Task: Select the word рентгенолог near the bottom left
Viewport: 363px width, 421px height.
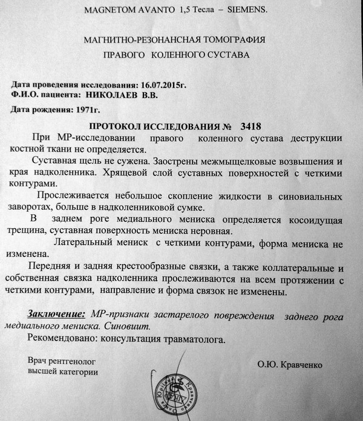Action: (71, 360)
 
